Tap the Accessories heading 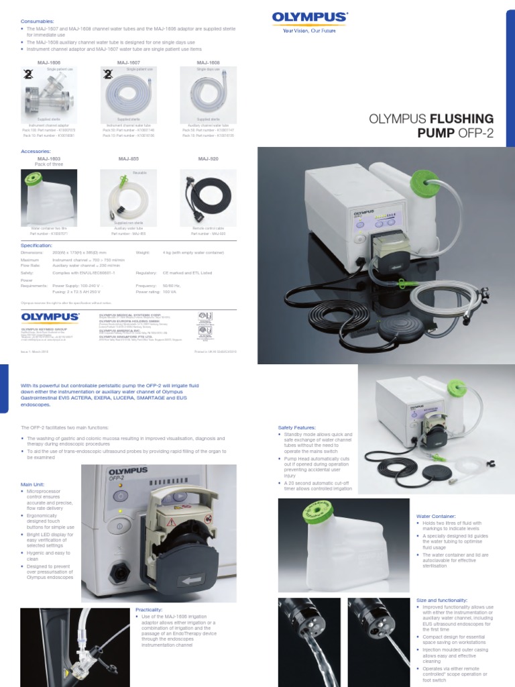(38, 152)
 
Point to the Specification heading (39, 246)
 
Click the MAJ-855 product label (128, 159)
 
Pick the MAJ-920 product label (209, 159)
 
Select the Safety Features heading (296, 427)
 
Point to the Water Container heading (436, 516)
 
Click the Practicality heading (149, 609)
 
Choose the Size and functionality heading (443, 600)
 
